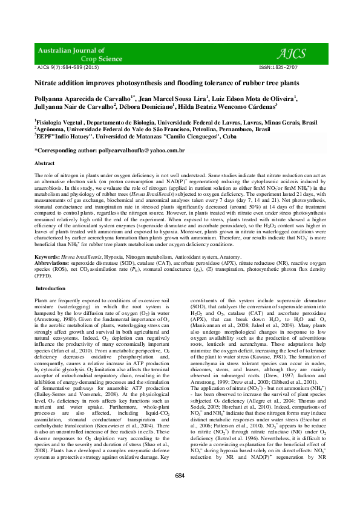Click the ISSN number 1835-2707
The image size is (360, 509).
[x=278, y=68]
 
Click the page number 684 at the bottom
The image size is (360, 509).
[x=180, y=493]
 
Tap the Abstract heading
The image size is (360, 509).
[x=45, y=164]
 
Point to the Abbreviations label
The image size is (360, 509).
[x=53, y=264]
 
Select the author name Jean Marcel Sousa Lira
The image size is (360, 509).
[x=172, y=98]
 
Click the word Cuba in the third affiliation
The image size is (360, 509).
[x=229, y=137]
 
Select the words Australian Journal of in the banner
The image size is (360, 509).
[x=71, y=50]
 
